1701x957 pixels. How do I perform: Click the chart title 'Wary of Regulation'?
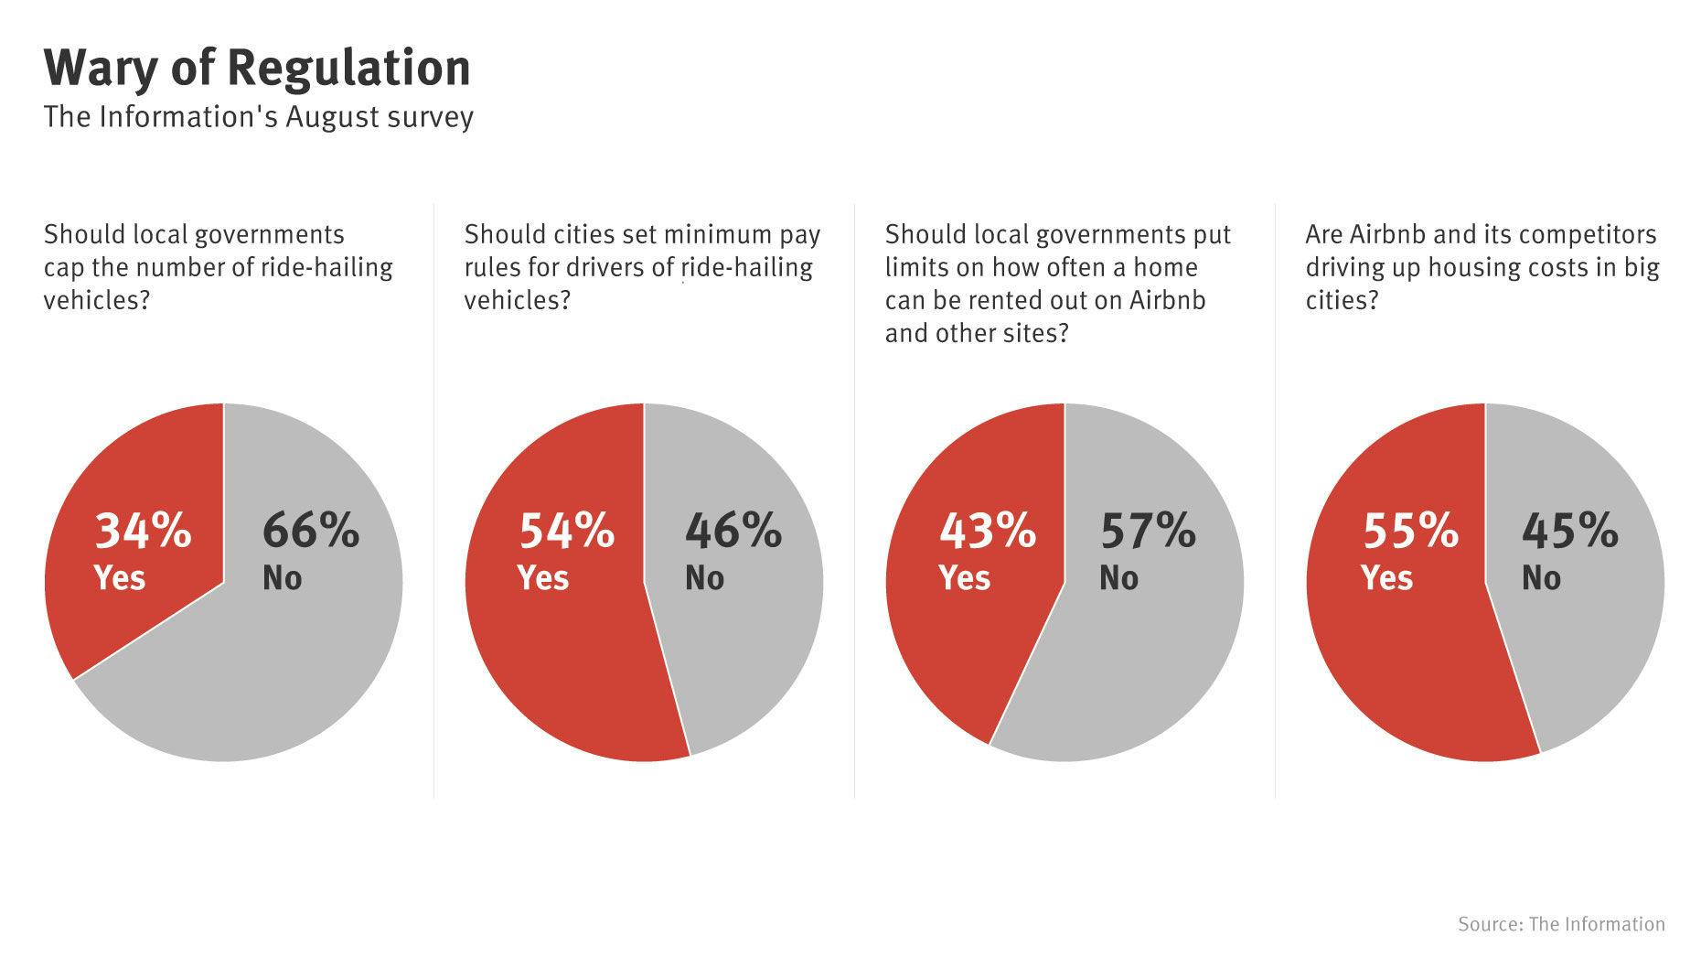[x=257, y=68]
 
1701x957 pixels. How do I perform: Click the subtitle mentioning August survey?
[x=259, y=117]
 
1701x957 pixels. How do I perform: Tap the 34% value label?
[x=143, y=531]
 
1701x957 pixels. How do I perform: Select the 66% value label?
[x=311, y=531]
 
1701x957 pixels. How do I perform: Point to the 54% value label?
[x=566, y=531]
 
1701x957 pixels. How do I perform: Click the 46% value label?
[x=733, y=531]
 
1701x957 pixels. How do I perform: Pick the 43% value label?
[x=987, y=531]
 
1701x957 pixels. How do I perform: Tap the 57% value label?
[x=1148, y=531]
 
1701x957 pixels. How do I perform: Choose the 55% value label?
[x=1410, y=531]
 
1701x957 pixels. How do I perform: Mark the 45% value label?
[x=1569, y=531]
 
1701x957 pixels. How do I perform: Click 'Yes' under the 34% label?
[x=120, y=578]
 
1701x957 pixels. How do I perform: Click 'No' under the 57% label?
[x=1118, y=578]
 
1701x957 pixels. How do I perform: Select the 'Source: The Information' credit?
[x=1561, y=924]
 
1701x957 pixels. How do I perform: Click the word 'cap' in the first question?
[x=63, y=269]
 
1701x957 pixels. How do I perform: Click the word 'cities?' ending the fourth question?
[x=1341, y=300]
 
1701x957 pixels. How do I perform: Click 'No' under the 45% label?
[x=1541, y=578]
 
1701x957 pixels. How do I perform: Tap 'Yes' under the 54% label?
[x=543, y=578]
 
